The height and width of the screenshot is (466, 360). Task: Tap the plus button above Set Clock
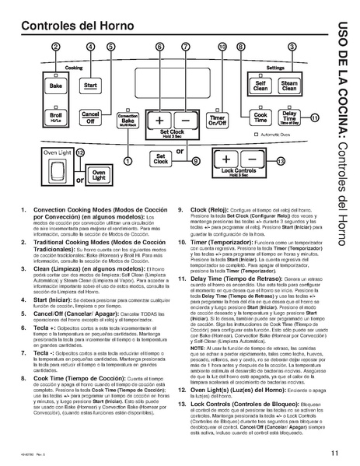(x=159, y=121)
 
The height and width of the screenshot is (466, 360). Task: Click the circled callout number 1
(x=128, y=159)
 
